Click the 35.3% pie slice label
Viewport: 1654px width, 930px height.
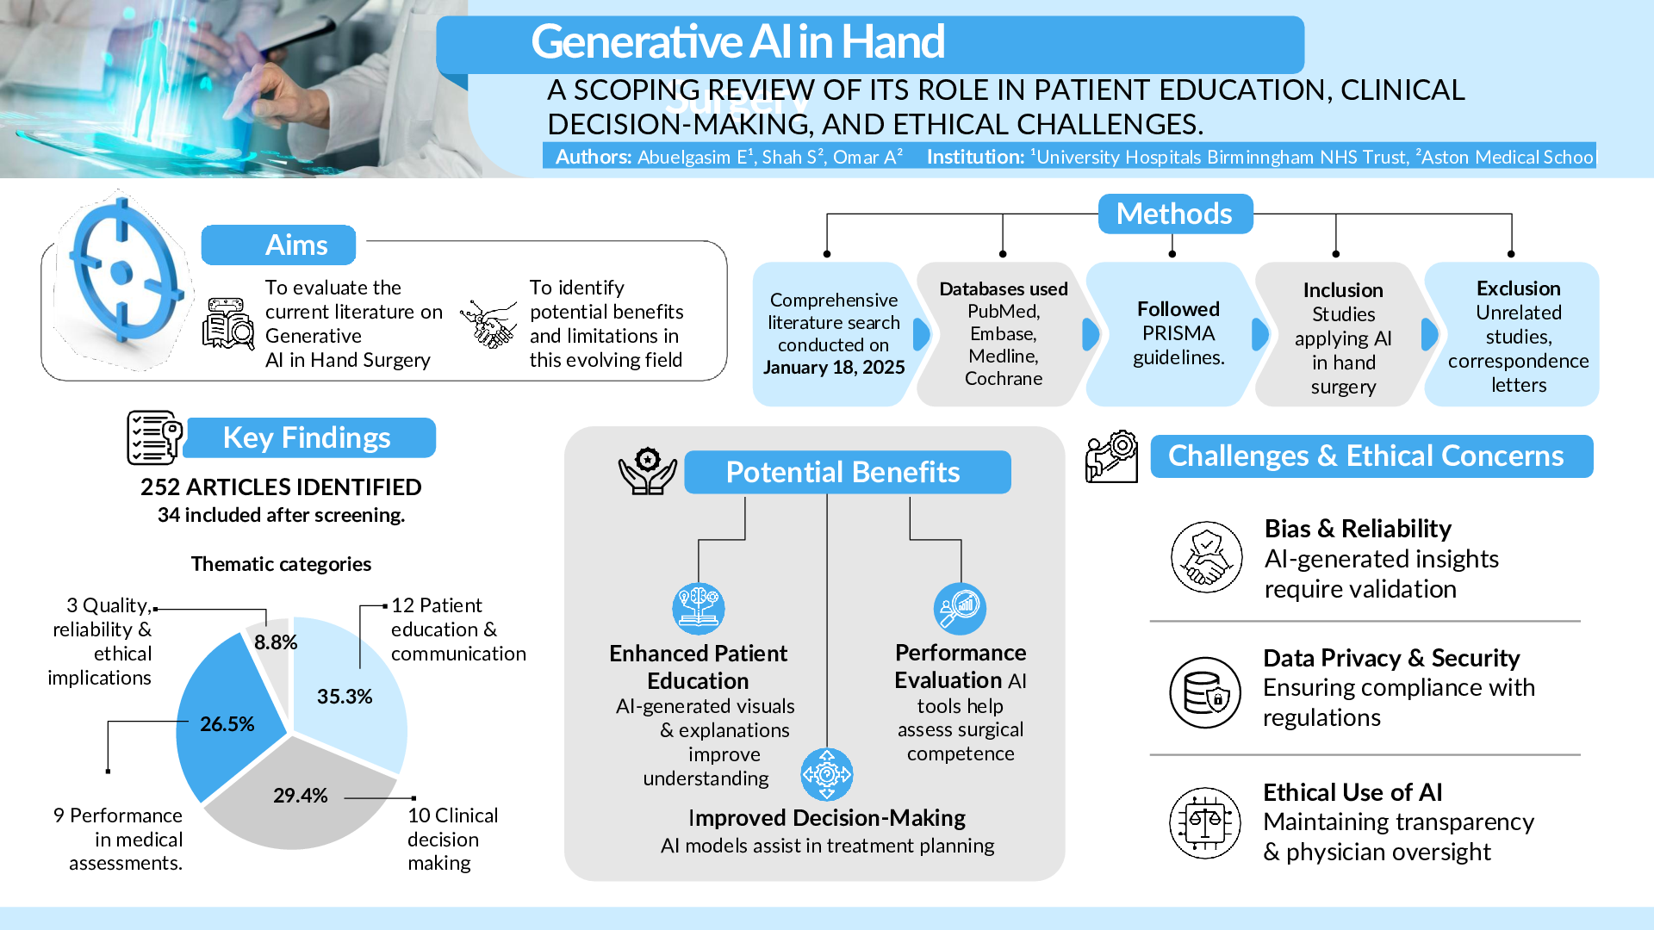click(x=344, y=697)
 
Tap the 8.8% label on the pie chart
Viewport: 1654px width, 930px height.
click(x=276, y=642)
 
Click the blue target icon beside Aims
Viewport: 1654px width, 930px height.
click(x=121, y=273)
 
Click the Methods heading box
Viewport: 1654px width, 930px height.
click(x=1174, y=214)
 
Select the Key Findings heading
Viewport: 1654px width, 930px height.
click(x=308, y=437)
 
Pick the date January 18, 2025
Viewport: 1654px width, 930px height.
click(x=834, y=368)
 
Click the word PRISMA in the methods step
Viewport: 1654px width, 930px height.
click(x=1178, y=333)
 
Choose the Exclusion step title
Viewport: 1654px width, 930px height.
click(x=1518, y=288)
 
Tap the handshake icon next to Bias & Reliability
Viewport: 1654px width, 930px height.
click(x=1206, y=556)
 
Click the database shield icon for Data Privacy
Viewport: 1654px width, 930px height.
click(x=1204, y=692)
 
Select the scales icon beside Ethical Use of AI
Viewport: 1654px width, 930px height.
click(x=1204, y=822)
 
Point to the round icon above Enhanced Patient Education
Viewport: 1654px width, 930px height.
click(x=698, y=608)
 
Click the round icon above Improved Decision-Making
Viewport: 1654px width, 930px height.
click(x=826, y=774)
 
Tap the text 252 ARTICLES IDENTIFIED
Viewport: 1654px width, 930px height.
click(x=281, y=487)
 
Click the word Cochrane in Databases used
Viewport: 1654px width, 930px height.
click(x=1003, y=379)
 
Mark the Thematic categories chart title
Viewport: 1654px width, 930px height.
click(x=281, y=564)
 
